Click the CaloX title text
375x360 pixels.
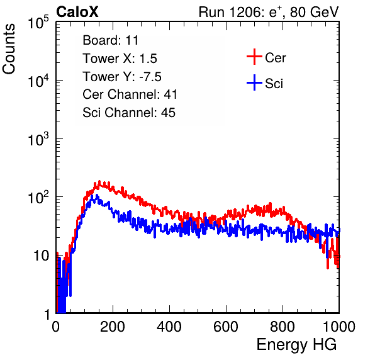77,11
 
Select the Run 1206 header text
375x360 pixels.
268,12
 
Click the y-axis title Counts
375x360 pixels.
9,49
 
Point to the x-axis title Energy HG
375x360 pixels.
296,345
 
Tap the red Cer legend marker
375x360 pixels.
254,57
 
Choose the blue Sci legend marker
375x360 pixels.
254,83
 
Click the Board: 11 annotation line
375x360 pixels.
111,40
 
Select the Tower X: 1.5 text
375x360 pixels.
120,59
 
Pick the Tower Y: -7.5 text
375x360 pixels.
122,77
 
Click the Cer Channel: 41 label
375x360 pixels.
130,94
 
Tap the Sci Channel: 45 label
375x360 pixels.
129,113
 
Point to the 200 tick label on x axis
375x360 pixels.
113,327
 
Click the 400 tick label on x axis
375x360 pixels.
169,327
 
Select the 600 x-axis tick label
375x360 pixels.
226,327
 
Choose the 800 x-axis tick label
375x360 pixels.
283,327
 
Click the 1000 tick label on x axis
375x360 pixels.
339,327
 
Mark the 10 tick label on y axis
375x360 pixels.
41,256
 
